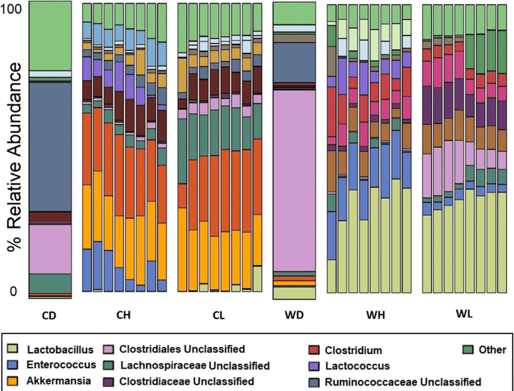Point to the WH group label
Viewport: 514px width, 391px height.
coord(367,313)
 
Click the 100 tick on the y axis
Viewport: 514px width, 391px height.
coord(13,9)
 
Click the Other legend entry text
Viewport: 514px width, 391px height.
coord(493,350)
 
